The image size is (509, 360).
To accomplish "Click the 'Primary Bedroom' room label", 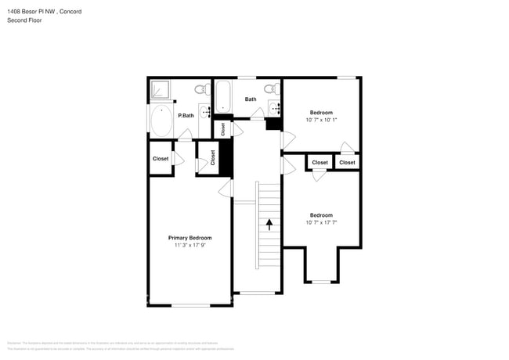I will (x=190, y=238).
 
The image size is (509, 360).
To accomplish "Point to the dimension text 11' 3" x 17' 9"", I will (x=190, y=246).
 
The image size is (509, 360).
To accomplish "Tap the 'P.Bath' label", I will (x=186, y=116).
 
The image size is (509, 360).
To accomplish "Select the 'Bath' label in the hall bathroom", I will (x=251, y=99).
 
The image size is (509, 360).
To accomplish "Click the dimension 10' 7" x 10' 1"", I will (x=321, y=120).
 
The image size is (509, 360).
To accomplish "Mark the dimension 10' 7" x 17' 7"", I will (x=321, y=222).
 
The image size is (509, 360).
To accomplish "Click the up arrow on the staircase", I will (x=269, y=225).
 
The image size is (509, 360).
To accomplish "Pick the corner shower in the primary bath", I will (x=160, y=91).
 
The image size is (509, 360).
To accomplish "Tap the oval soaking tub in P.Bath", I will (x=162, y=121).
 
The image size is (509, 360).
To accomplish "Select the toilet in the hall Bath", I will (x=269, y=88).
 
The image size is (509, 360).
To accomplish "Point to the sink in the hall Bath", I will (x=274, y=106).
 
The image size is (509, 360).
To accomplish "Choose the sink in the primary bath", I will (x=205, y=114).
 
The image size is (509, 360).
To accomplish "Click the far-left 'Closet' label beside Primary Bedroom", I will (x=161, y=159).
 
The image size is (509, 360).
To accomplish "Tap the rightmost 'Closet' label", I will (x=347, y=163).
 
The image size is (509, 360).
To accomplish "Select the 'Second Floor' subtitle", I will (x=24, y=20).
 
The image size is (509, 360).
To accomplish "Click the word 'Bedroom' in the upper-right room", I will (x=321, y=113).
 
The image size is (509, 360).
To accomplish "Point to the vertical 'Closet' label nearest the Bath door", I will (x=223, y=129).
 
